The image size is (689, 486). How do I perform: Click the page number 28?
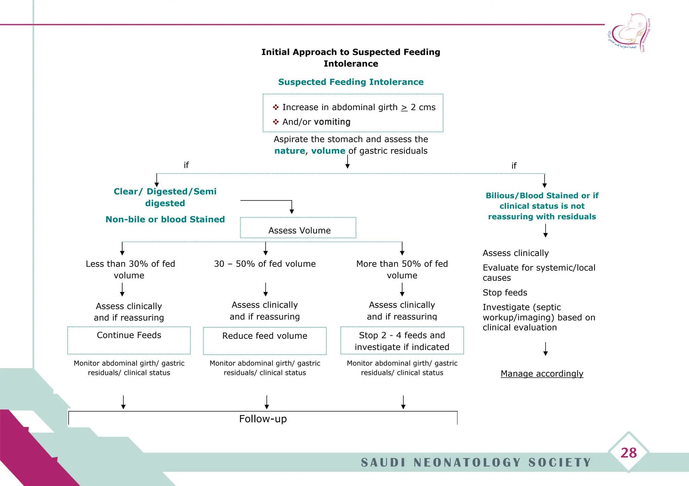(x=628, y=453)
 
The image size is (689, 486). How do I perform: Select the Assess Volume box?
(x=298, y=228)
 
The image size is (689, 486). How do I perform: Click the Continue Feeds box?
(x=129, y=340)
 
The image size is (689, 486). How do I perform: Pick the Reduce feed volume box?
(x=265, y=341)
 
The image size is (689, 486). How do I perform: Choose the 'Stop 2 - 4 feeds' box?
(x=402, y=341)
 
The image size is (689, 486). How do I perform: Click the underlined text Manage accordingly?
(x=542, y=374)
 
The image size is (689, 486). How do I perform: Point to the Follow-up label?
(x=263, y=419)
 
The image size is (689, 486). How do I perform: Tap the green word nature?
(x=290, y=151)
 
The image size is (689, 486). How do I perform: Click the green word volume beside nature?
(x=328, y=151)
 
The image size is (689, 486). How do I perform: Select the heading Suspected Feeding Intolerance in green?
(x=351, y=82)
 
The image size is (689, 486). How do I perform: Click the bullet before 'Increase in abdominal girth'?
(x=276, y=107)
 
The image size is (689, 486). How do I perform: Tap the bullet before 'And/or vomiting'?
(x=276, y=122)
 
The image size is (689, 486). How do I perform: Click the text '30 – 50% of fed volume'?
(x=265, y=264)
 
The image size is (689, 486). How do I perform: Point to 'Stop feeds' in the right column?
(x=505, y=292)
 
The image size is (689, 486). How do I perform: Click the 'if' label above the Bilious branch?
(x=514, y=166)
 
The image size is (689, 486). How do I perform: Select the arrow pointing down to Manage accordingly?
(x=545, y=349)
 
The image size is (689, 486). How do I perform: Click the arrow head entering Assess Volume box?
(x=292, y=211)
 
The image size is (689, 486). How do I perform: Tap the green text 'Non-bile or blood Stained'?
(x=165, y=219)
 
